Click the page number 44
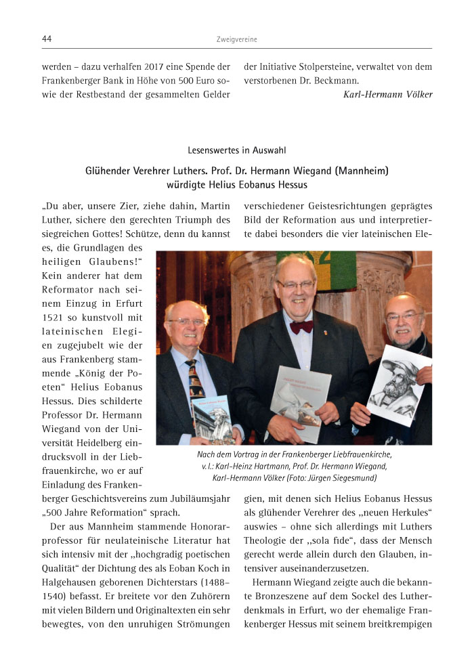(x=47, y=39)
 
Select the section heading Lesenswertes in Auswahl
(x=236, y=150)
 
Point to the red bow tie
(x=301, y=326)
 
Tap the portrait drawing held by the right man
(x=397, y=384)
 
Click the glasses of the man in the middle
(x=295, y=285)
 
